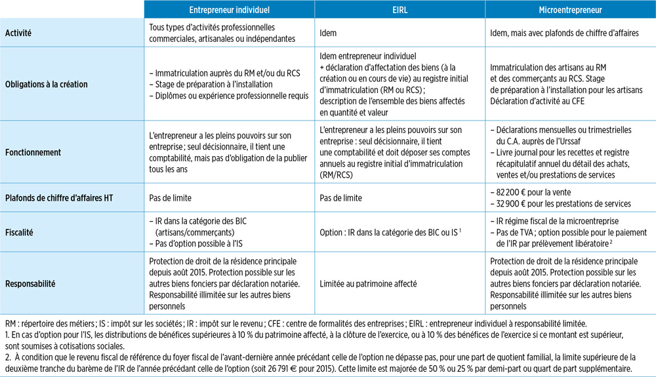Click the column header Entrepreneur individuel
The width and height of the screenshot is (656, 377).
tap(229, 10)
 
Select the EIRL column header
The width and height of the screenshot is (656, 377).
tap(400, 10)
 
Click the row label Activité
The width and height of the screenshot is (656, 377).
tap(18, 33)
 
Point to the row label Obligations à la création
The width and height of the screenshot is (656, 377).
tap(46, 84)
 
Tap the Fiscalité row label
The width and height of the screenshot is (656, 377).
tap(20, 232)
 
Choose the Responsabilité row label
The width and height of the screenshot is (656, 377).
tap(30, 284)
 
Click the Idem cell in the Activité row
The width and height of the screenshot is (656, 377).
tap(329, 33)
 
